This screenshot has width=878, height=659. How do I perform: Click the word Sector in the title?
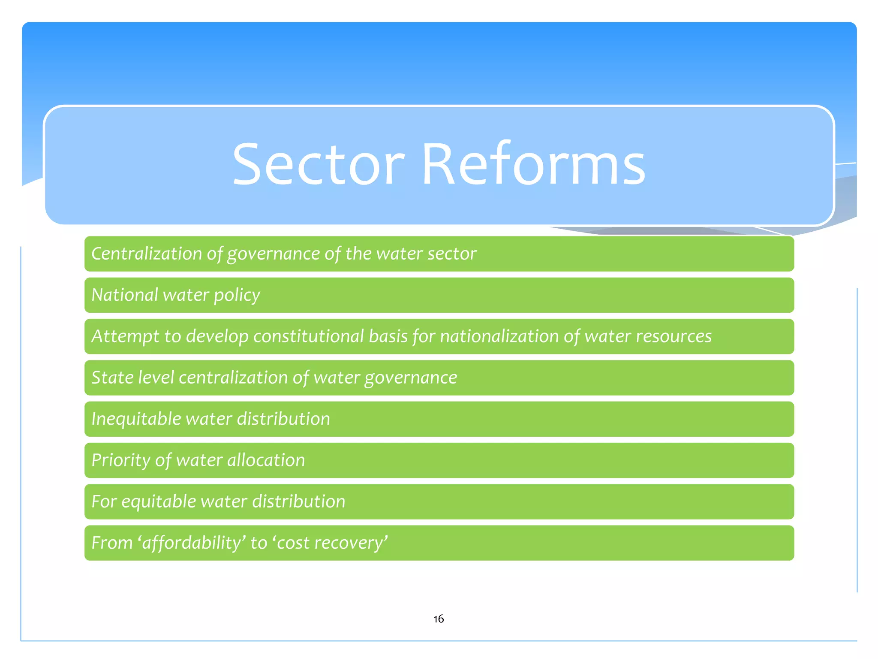(318, 165)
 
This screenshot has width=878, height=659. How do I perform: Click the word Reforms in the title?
(533, 165)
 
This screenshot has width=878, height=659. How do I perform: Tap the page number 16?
(438, 619)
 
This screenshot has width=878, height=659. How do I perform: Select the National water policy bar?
(439, 295)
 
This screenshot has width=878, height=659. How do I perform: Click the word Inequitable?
(136, 419)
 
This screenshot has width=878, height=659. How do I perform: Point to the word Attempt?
(125, 336)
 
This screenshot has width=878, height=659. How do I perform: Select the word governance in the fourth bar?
(410, 378)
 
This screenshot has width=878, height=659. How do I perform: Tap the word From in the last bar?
(112, 543)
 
